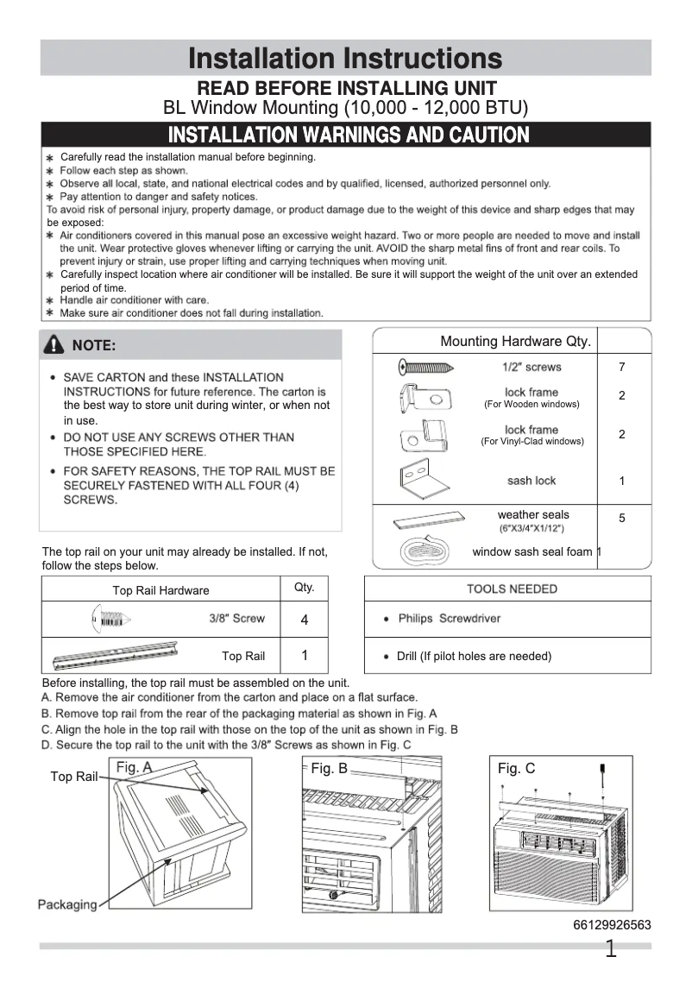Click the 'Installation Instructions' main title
pyautogui.click(x=345, y=59)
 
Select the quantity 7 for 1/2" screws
pyautogui.click(x=621, y=368)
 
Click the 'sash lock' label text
pyautogui.click(x=532, y=481)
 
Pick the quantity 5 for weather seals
pyautogui.click(x=621, y=519)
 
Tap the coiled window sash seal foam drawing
pyautogui.click(x=424, y=551)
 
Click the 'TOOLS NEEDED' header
pyautogui.click(x=512, y=589)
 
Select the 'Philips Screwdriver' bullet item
pyautogui.click(x=449, y=619)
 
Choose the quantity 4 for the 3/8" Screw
pyautogui.click(x=305, y=620)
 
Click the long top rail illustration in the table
pyautogui.click(x=116, y=655)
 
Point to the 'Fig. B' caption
pyautogui.click(x=329, y=768)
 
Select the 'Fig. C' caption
pyautogui.click(x=516, y=768)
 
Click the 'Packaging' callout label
pyautogui.click(x=67, y=904)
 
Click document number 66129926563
pyautogui.click(x=612, y=925)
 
